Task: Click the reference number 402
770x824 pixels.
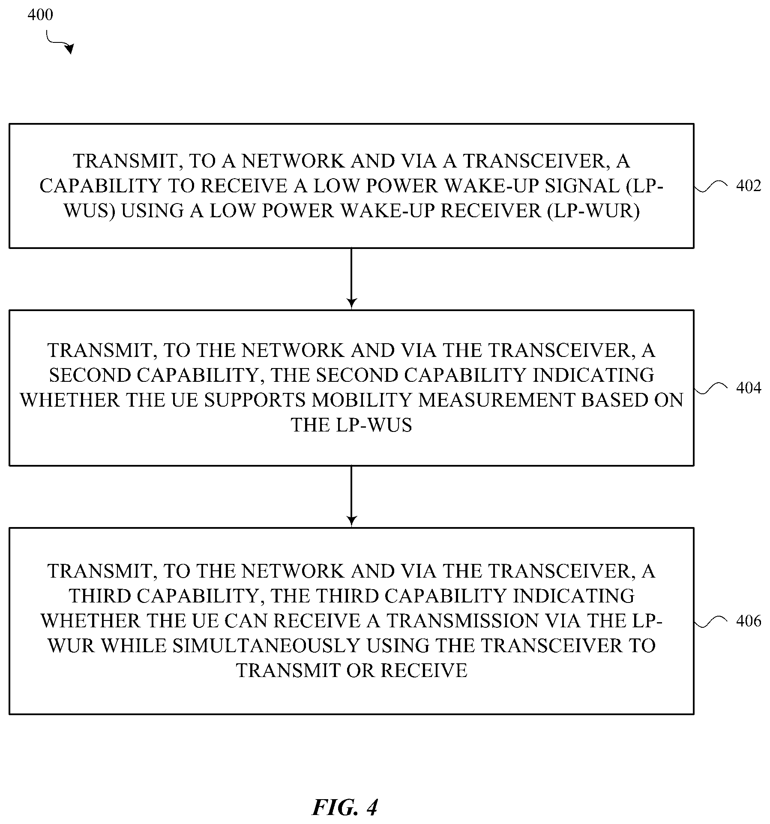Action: point(748,186)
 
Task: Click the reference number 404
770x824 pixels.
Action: point(748,388)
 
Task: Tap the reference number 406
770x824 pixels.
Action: point(748,621)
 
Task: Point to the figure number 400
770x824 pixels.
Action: point(40,15)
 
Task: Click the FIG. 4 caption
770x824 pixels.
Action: point(345,807)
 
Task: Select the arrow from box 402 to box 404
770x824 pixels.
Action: point(351,278)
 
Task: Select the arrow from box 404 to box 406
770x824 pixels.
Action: point(351,496)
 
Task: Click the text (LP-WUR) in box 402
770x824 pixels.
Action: point(594,211)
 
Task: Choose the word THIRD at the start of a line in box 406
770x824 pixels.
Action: point(100,596)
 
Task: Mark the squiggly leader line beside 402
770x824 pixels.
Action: point(711,187)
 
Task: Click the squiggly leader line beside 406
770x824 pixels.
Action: point(711,622)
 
